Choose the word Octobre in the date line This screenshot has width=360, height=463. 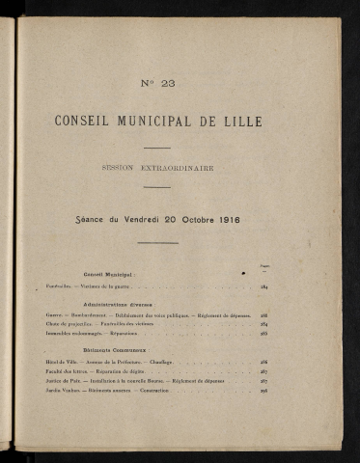pos(182,219)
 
